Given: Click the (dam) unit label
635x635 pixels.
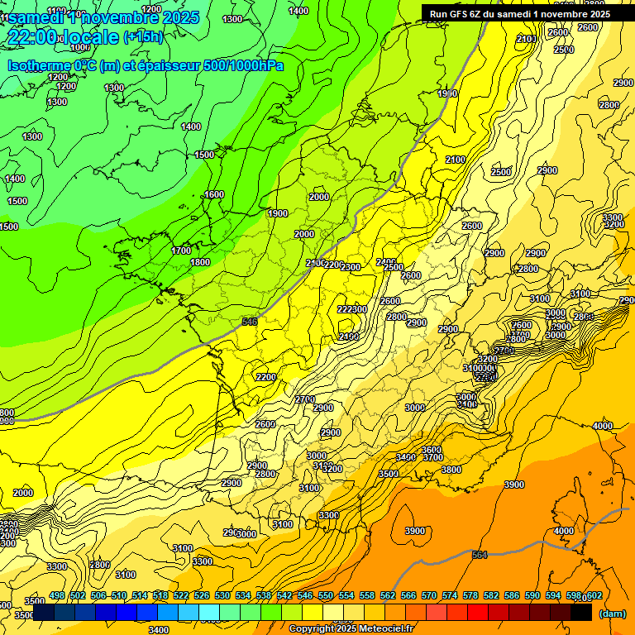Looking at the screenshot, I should pos(612,614).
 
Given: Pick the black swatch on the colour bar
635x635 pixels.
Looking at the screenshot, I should pos(581,612).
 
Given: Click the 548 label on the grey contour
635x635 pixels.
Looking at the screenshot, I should pos(250,321).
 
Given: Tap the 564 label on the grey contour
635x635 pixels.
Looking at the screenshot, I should pos(480,555).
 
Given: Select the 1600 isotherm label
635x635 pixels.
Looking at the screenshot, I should pos(213,194).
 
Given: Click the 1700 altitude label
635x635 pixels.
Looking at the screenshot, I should pos(181,251).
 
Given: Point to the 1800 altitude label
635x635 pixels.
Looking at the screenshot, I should pos(200,262).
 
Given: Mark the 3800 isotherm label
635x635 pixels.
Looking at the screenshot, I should pos(451,470).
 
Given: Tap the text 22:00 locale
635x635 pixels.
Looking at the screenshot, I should pos(63,37).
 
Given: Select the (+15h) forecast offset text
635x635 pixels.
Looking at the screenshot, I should pos(143,37).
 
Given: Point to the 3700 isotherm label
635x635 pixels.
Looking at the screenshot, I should pos(432,457).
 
